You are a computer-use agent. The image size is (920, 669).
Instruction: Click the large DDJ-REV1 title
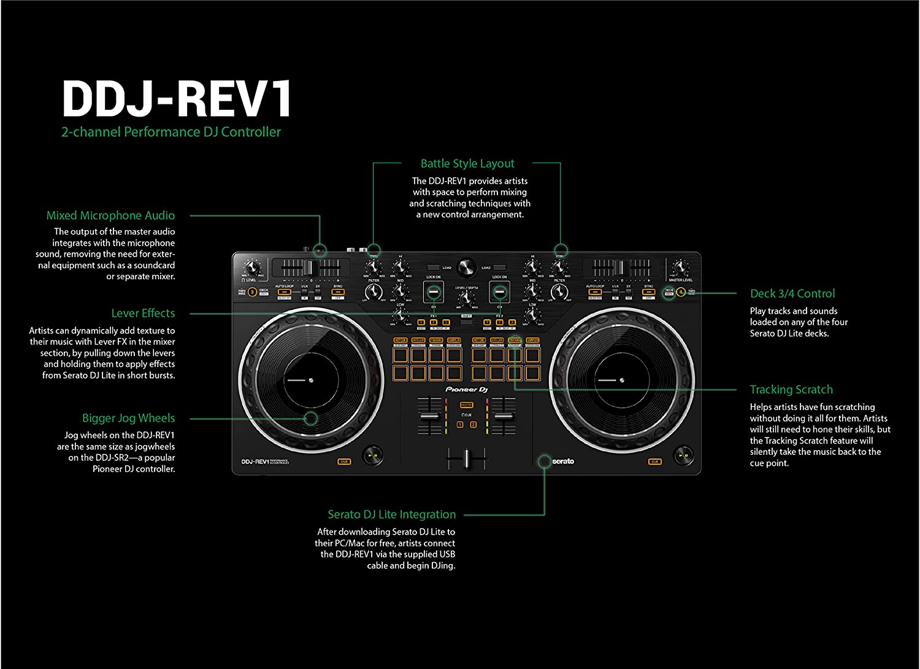point(177,98)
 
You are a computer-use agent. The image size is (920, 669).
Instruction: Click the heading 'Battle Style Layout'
point(467,164)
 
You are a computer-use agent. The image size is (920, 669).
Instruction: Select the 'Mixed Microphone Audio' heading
point(110,215)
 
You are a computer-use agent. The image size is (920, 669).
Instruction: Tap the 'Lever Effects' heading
point(143,313)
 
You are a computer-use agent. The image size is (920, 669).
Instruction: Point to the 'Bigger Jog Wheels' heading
point(128,418)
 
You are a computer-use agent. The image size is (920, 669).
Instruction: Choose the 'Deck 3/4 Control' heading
point(792,293)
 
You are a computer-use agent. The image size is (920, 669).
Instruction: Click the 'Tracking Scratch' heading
point(791,390)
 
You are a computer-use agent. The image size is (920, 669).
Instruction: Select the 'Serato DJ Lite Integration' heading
point(391,514)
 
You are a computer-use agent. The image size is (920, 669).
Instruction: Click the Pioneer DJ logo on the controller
point(466,390)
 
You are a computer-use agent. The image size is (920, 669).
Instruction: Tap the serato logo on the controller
point(562,462)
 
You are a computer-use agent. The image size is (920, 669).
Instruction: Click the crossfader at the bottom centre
point(466,457)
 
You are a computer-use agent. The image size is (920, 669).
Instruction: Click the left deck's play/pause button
point(371,456)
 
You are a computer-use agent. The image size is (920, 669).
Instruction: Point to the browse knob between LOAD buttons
point(466,267)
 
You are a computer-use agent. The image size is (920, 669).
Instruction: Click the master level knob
point(680,267)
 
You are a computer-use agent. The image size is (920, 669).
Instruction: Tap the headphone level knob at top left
point(251,267)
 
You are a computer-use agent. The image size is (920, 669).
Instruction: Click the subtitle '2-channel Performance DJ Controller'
point(171,132)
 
